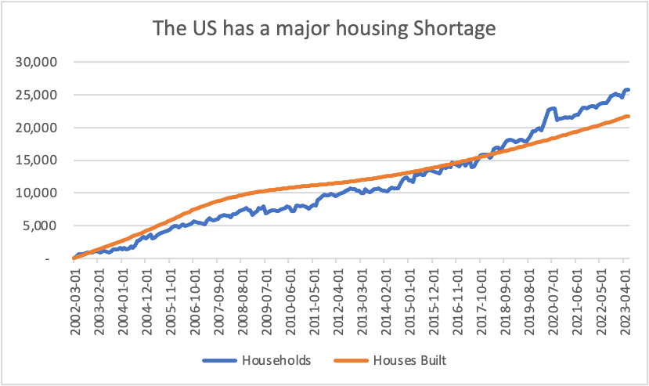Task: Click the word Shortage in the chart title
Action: point(456,31)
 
